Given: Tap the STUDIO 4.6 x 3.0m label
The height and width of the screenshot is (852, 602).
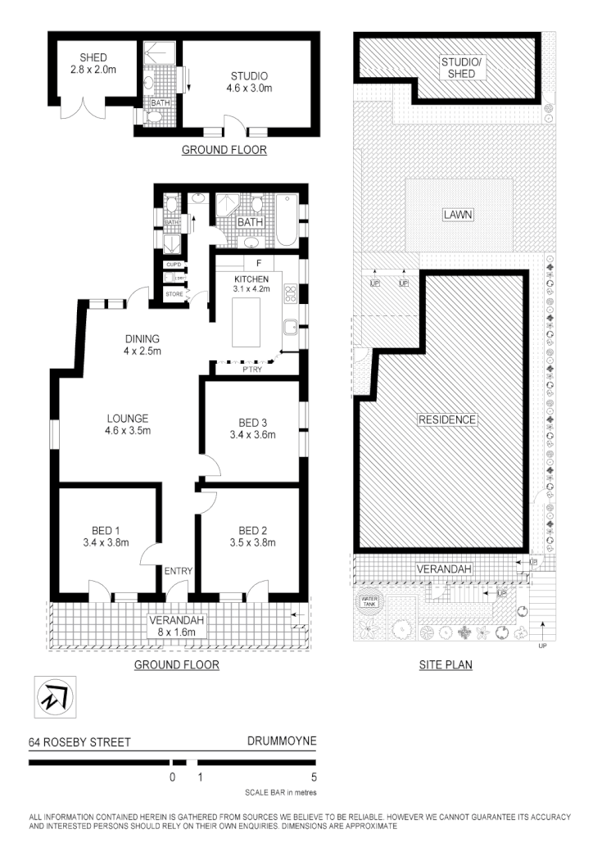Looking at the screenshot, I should pyautogui.click(x=249, y=83).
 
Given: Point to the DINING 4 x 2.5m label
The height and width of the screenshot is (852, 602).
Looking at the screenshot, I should pyautogui.click(x=142, y=345).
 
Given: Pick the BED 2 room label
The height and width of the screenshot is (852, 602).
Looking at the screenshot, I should pyautogui.click(x=253, y=535).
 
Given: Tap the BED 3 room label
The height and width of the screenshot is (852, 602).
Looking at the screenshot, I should pyautogui.click(x=252, y=428).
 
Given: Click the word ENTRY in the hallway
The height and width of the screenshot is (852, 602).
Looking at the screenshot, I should pyautogui.click(x=179, y=571).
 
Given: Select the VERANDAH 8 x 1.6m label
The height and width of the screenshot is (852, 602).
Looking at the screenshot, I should pyautogui.click(x=177, y=625).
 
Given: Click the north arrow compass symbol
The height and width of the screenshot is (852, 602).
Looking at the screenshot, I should pyautogui.click(x=53, y=698).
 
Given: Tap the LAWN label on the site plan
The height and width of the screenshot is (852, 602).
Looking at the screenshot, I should pyautogui.click(x=459, y=215).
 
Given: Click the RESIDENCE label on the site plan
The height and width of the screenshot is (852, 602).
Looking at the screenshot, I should pyautogui.click(x=447, y=419).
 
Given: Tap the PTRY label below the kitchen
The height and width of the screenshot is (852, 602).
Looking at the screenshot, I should pyautogui.click(x=251, y=369).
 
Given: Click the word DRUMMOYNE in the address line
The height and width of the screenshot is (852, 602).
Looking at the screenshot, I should pyautogui.click(x=281, y=742).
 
